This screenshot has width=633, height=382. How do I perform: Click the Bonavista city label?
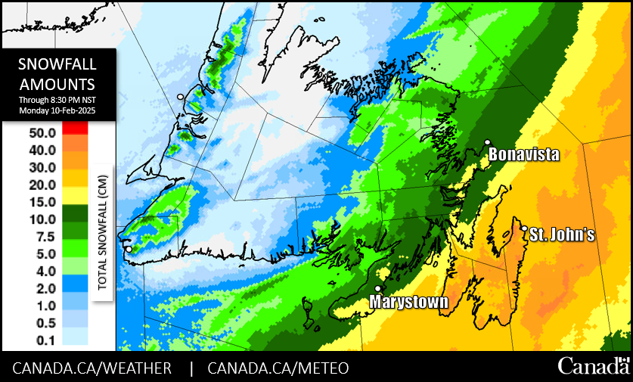[524, 155]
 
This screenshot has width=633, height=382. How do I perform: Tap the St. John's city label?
[561, 235]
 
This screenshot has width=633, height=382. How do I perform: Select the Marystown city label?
[408, 302]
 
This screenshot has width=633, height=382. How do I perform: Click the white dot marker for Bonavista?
[488, 142]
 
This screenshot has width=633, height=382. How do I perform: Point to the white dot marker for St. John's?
[524, 228]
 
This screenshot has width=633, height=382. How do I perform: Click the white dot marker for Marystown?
[377, 288]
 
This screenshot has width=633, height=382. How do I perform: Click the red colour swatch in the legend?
[76, 129]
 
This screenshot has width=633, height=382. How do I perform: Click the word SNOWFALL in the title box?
[57, 64]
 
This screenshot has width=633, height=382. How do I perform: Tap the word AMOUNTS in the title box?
[57, 83]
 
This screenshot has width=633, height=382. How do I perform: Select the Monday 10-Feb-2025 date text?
[57, 111]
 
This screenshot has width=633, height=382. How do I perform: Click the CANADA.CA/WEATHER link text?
[92, 368]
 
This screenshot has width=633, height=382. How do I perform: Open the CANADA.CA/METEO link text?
[278, 368]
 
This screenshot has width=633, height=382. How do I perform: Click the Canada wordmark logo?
[594, 366]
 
